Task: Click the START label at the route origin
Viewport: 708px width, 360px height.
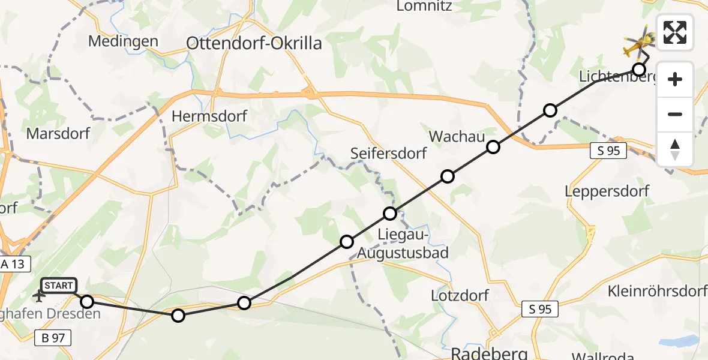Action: tap(58, 286)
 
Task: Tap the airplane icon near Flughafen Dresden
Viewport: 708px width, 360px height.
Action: tap(40, 295)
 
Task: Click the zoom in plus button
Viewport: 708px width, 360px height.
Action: tap(675, 79)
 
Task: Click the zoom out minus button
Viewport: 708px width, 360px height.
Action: tap(675, 114)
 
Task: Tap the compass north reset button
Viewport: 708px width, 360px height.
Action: tap(675, 149)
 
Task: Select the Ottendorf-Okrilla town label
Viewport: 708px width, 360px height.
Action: tap(254, 43)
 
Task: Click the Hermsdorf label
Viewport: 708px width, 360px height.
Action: tap(209, 116)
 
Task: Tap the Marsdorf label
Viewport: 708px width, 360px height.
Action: tap(58, 133)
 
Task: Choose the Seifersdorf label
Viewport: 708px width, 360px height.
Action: tap(389, 153)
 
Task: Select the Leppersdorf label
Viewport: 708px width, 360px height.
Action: tap(607, 191)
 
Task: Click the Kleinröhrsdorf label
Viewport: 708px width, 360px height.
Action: tap(657, 292)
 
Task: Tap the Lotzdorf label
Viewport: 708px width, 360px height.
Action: tap(460, 295)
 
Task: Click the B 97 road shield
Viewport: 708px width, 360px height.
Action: tap(53, 338)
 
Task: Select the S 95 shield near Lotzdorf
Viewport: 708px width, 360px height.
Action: tap(540, 309)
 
